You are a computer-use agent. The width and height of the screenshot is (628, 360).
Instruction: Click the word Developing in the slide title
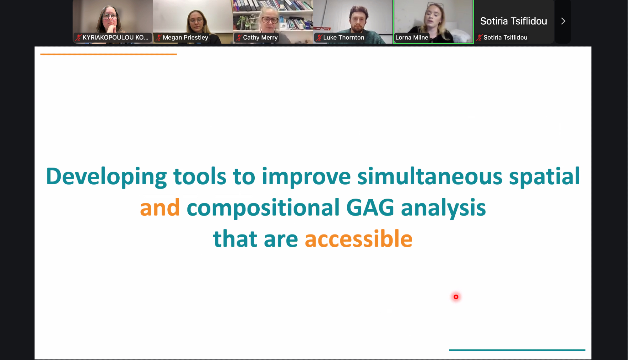click(x=106, y=177)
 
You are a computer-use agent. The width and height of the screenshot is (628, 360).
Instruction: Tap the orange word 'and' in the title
click(x=160, y=208)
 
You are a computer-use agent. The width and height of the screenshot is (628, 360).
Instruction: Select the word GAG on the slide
click(x=370, y=208)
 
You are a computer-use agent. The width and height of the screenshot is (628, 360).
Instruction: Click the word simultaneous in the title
click(x=430, y=176)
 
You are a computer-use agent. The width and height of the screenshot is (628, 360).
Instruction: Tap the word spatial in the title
click(x=544, y=177)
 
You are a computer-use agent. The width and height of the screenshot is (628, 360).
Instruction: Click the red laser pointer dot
click(x=456, y=297)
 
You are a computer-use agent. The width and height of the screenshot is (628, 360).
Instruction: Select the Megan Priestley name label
click(x=185, y=37)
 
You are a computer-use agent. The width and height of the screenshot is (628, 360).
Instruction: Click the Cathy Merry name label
click(x=260, y=37)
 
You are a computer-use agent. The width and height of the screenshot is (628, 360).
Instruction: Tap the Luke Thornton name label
click(x=344, y=37)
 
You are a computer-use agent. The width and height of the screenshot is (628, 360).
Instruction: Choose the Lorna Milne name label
click(x=412, y=37)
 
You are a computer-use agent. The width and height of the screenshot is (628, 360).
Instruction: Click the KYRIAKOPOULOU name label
click(x=115, y=37)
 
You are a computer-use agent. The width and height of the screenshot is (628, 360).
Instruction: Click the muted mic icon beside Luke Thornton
click(x=319, y=38)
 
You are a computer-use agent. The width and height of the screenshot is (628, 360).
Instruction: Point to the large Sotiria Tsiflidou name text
click(x=514, y=21)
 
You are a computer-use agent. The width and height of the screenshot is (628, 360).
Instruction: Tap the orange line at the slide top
click(x=109, y=54)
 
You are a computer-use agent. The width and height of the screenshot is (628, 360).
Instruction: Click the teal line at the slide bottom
click(x=517, y=350)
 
